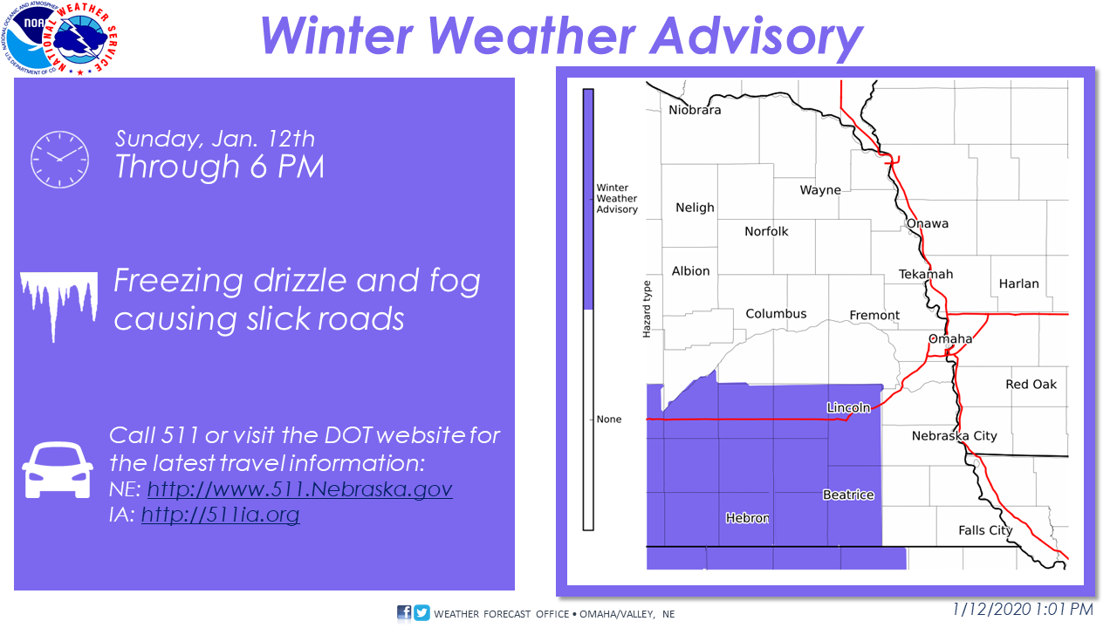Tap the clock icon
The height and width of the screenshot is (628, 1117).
coord(60,160)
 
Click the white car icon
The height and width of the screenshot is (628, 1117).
coord(58,470)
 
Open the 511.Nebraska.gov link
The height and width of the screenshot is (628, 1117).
coord(299,489)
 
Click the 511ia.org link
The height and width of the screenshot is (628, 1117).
coord(221,515)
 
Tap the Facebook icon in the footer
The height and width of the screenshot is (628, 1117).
coord(404,612)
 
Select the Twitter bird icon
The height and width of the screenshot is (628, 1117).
coord(421,612)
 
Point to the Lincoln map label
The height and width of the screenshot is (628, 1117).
coord(848,407)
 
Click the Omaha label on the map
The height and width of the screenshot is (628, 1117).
coord(950,339)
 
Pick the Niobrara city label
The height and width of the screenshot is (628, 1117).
coord(695,110)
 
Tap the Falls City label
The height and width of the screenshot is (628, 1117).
coord(985,530)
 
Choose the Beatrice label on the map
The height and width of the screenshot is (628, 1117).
coord(848,495)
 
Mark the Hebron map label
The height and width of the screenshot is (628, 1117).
coord(747,518)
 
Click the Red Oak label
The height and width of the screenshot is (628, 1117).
coord(1031,385)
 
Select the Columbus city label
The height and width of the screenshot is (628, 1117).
coord(776,313)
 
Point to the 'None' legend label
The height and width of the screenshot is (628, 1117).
coord(609,420)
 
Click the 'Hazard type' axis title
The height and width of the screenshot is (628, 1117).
coord(647,309)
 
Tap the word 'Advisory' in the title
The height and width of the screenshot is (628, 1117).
coord(756,36)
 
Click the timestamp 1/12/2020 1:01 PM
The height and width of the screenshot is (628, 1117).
coord(1023,609)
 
